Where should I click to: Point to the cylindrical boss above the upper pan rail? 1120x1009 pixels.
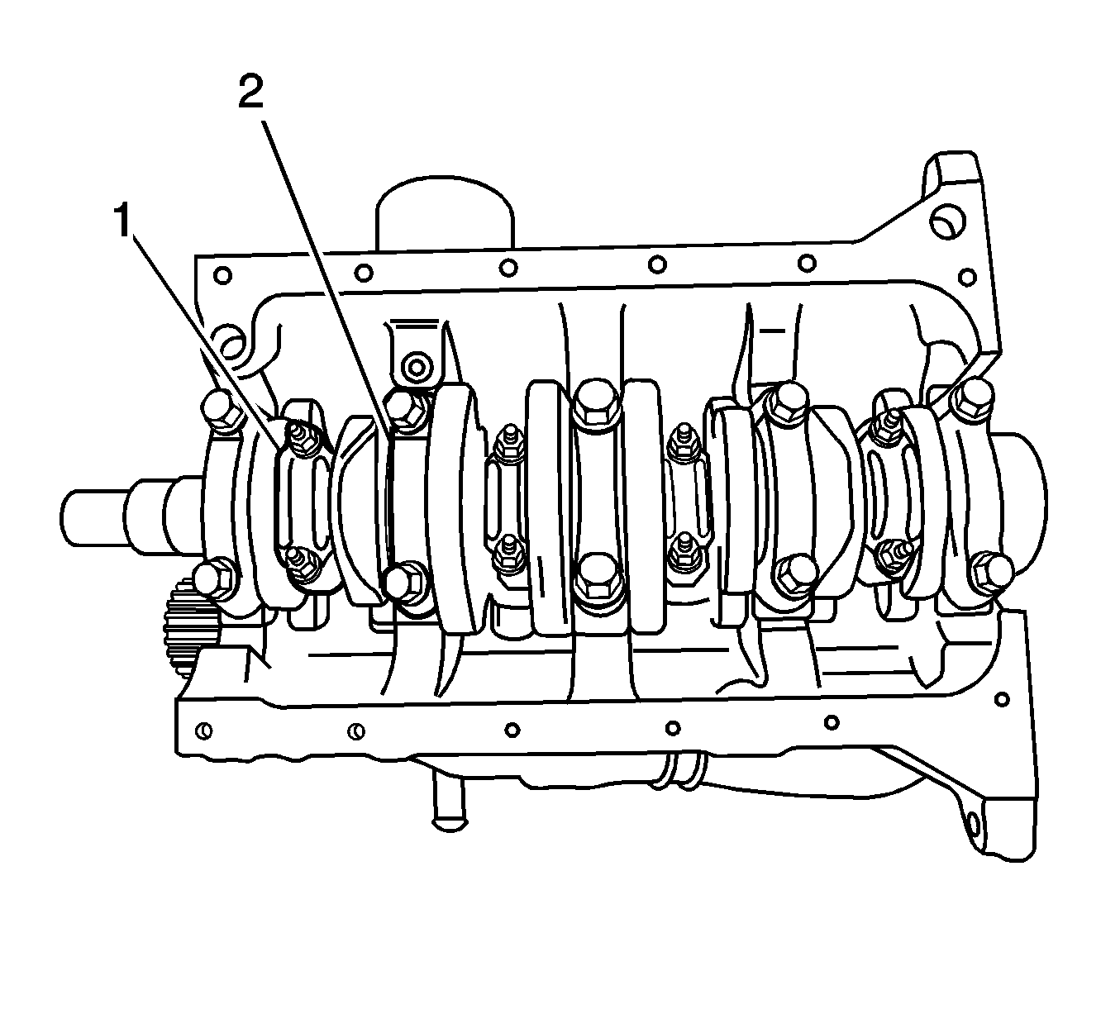[x=445, y=212]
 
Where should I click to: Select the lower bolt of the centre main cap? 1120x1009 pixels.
[x=596, y=582]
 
